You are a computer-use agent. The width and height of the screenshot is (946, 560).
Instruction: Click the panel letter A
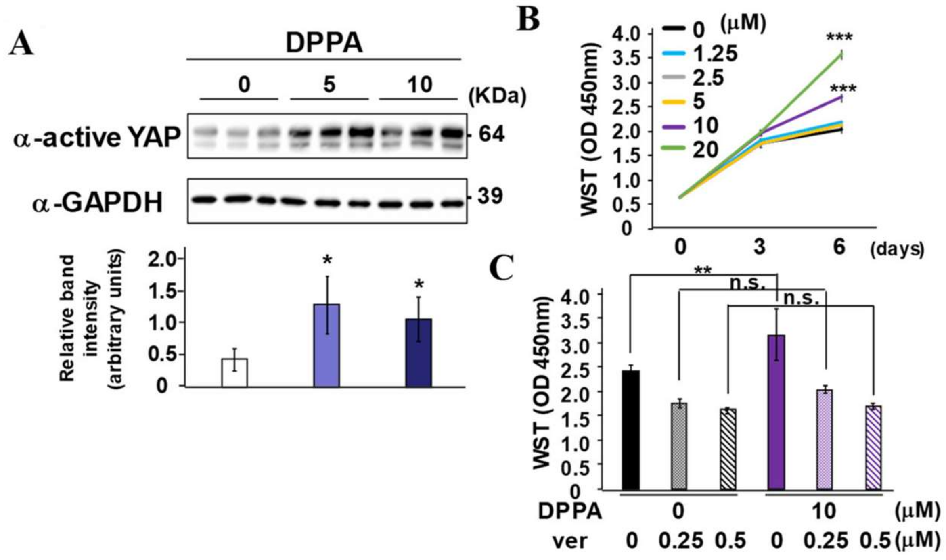pyautogui.click(x=21, y=44)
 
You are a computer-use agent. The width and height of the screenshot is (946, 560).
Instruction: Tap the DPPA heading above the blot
pyautogui.click(x=324, y=43)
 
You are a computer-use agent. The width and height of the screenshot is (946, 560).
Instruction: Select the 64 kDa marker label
pyautogui.click(x=491, y=134)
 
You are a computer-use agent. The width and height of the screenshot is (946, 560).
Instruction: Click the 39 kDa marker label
pyautogui.click(x=490, y=196)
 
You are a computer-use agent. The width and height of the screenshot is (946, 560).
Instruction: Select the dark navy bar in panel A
pyautogui.click(x=419, y=353)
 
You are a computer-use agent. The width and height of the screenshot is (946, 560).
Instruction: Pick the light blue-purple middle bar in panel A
pyautogui.click(x=326, y=345)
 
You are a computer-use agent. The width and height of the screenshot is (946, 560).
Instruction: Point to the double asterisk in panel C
pyautogui.click(x=703, y=270)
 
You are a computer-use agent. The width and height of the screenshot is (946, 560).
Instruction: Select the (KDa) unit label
pyautogui.click(x=497, y=96)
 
